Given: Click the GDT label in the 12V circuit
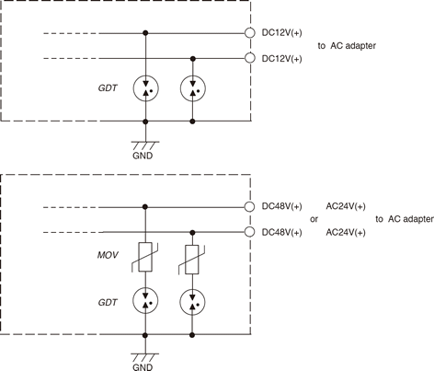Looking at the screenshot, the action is pyautogui.click(x=108, y=88).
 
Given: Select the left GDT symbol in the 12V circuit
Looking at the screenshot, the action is pyautogui.click(x=145, y=88).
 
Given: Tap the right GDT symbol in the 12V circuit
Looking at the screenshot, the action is pyautogui.click(x=193, y=88).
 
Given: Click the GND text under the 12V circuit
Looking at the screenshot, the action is pyautogui.click(x=143, y=156).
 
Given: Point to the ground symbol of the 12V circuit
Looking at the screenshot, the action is pyautogui.click(x=145, y=145).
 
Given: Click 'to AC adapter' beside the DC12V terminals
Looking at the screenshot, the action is pyautogui.click(x=347, y=46).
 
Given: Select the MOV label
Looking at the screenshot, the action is pyautogui.click(x=108, y=255).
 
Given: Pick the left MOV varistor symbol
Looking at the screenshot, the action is pyautogui.click(x=145, y=257).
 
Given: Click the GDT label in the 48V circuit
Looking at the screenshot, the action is pyautogui.click(x=108, y=303).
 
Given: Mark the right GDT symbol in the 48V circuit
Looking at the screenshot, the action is pyautogui.click(x=192, y=303).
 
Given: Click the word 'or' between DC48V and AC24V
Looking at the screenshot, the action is pyautogui.click(x=314, y=219).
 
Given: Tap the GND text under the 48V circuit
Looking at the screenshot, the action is pyautogui.click(x=143, y=367).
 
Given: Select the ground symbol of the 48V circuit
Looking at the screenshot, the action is pyautogui.click(x=145, y=357).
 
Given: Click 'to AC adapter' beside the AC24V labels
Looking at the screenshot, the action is pyautogui.click(x=405, y=219).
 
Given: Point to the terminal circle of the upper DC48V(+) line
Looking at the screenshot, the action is pyautogui.click(x=250, y=207).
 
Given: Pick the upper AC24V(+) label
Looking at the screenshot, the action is pyautogui.click(x=346, y=206).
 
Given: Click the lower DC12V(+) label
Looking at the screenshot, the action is pyautogui.click(x=281, y=59).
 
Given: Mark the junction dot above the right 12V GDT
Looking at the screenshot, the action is pyautogui.click(x=193, y=58).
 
